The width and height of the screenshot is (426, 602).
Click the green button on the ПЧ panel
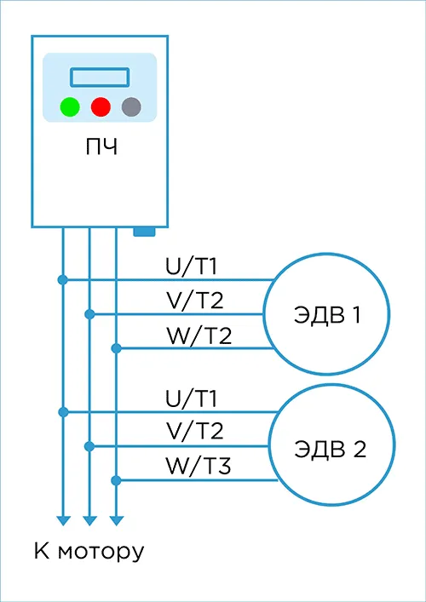(x=70, y=107)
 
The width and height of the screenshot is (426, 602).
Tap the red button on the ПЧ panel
(x=101, y=107)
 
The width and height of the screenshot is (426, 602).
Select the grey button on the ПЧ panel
(x=131, y=107)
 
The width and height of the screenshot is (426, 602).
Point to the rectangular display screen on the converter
(x=100, y=77)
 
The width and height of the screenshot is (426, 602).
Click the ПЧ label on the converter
(x=101, y=147)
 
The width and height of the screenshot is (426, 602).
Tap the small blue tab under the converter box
(x=145, y=232)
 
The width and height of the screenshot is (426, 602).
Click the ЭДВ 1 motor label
(x=327, y=315)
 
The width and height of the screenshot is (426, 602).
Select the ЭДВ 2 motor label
(x=330, y=449)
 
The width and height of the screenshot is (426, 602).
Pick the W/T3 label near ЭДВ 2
(x=199, y=466)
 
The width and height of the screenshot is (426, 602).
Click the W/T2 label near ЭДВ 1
(x=199, y=335)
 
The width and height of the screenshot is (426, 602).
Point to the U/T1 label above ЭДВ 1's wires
(x=192, y=267)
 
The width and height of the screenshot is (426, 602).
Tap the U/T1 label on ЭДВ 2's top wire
(x=192, y=398)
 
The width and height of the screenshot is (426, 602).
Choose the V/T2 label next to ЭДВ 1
(x=195, y=301)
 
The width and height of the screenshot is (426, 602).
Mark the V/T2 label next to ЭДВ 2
(x=195, y=431)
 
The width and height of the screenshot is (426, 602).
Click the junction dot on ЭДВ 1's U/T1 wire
(x=62, y=280)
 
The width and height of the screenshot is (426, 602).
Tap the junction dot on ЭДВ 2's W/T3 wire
(x=116, y=480)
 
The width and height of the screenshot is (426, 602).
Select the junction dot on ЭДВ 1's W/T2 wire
(x=116, y=348)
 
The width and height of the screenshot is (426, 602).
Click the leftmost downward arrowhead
(x=63, y=520)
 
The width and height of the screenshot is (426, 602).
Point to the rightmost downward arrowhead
(x=117, y=520)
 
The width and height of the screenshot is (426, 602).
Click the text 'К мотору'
(x=89, y=553)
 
